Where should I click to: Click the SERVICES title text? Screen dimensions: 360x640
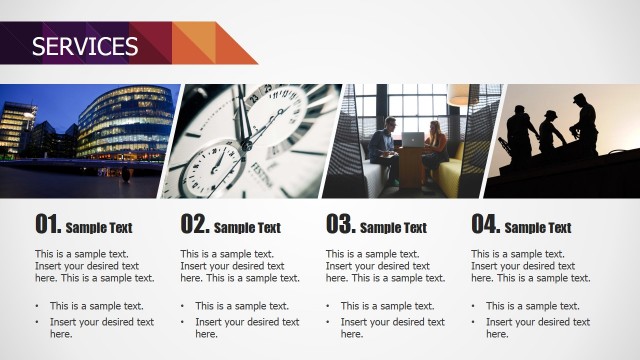[85, 46]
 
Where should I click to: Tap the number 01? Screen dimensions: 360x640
[48, 224]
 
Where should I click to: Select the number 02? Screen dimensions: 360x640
[194, 224]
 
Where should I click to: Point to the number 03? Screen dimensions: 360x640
[340, 224]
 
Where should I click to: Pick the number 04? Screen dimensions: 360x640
[485, 224]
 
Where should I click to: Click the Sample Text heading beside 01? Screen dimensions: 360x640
[100, 228]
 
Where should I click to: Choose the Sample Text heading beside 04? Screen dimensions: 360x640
[538, 228]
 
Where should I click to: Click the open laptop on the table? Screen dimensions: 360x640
[412, 140]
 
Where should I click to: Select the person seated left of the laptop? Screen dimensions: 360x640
[382, 148]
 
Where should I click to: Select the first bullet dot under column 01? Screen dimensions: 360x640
[37, 306]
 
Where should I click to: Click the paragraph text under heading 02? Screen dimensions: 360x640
[240, 266]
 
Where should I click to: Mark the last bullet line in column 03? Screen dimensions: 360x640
[391, 328]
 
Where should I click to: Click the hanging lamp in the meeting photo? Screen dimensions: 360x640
[458, 96]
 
